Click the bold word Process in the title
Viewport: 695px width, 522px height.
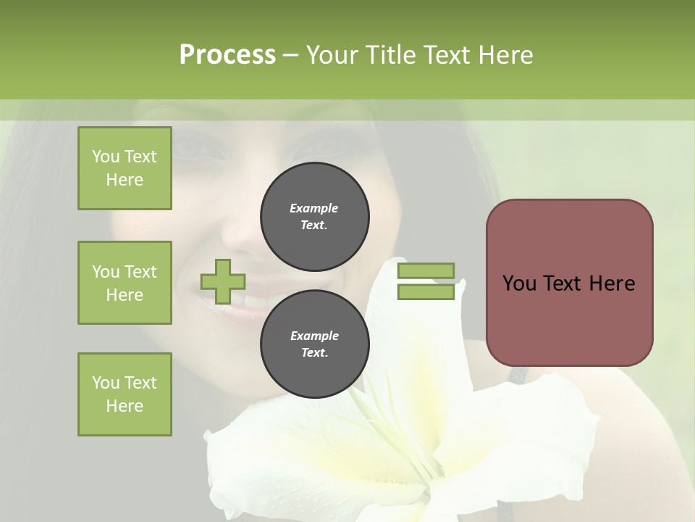pyautogui.click(x=227, y=55)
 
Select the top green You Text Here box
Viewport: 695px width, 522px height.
pyautogui.click(x=125, y=168)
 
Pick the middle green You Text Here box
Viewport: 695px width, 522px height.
pyautogui.click(x=125, y=283)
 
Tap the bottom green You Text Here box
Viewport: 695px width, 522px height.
pyautogui.click(x=125, y=394)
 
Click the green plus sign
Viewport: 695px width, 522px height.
pyautogui.click(x=223, y=281)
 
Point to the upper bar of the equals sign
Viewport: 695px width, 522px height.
pyautogui.click(x=426, y=271)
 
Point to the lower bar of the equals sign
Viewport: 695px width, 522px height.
pyautogui.click(x=426, y=291)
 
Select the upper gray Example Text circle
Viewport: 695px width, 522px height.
pyautogui.click(x=314, y=216)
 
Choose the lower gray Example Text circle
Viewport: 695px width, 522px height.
pyautogui.click(x=314, y=344)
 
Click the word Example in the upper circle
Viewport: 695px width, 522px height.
pyautogui.click(x=314, y=208)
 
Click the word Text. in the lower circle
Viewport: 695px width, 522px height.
pyautogui.click(x=314, y=353)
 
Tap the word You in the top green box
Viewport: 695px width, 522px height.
pyautogui.click(x=105, y=157)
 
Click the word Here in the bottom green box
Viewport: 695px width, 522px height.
pyautogui.click(x=125, y=406)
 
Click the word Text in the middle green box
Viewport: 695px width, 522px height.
pyautogui.click(x=140, y=272)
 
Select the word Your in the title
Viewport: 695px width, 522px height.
pyautogui.click(x=332, y=55)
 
